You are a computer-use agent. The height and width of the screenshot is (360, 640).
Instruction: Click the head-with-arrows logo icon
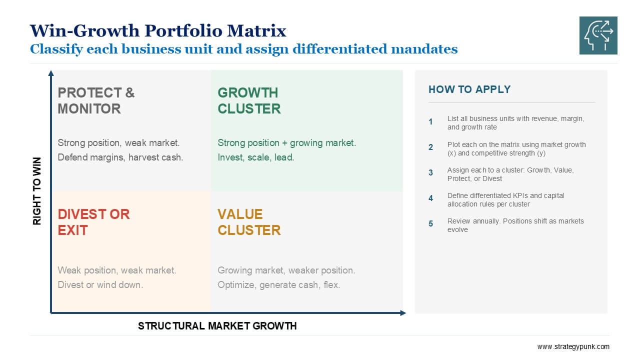click(x=598, y=35)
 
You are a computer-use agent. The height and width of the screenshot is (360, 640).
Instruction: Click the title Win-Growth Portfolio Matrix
click(x=158, y=30)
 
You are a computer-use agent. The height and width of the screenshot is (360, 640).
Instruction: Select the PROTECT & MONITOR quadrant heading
click(x=96, y=100)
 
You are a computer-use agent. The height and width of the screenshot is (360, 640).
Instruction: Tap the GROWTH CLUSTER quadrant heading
click(x=249, y=100)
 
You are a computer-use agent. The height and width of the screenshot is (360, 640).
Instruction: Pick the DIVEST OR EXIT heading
click(x=93, y=222)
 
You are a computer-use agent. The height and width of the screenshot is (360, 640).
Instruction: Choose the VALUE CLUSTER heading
click(x=249, y=222)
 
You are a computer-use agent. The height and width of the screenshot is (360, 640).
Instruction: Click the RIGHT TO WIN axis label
click(x=37, y=191)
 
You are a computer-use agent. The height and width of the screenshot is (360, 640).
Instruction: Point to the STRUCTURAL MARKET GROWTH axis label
click(x=217, y=325)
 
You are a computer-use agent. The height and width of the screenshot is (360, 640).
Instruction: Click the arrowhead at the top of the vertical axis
click(x=51, y=73)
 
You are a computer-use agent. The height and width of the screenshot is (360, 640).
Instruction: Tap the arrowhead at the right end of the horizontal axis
click(x=403, y=313)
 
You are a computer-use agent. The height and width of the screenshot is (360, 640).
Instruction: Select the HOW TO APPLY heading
click(x=469, y=89)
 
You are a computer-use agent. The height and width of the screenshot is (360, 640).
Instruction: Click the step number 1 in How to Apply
click(x=430, y=122)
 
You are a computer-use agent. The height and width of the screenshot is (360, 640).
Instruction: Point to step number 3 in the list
click(x=430, y=172)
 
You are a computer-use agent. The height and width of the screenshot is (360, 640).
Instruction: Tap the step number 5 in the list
click(x=430, y=223)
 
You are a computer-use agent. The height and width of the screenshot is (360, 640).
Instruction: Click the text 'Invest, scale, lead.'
click(x=255, y=157)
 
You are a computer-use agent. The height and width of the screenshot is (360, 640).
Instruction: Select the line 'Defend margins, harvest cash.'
click(x=120, y=157)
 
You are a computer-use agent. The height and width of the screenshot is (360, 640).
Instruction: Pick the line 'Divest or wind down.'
click(x=100, y=285)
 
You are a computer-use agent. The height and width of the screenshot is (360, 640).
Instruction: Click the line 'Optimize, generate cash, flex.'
click(x=279, y=285)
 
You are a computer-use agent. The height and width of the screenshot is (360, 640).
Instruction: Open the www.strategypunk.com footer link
click(x=573, y=346)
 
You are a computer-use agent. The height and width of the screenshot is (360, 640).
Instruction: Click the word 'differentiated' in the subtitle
click(x=339, y=49)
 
